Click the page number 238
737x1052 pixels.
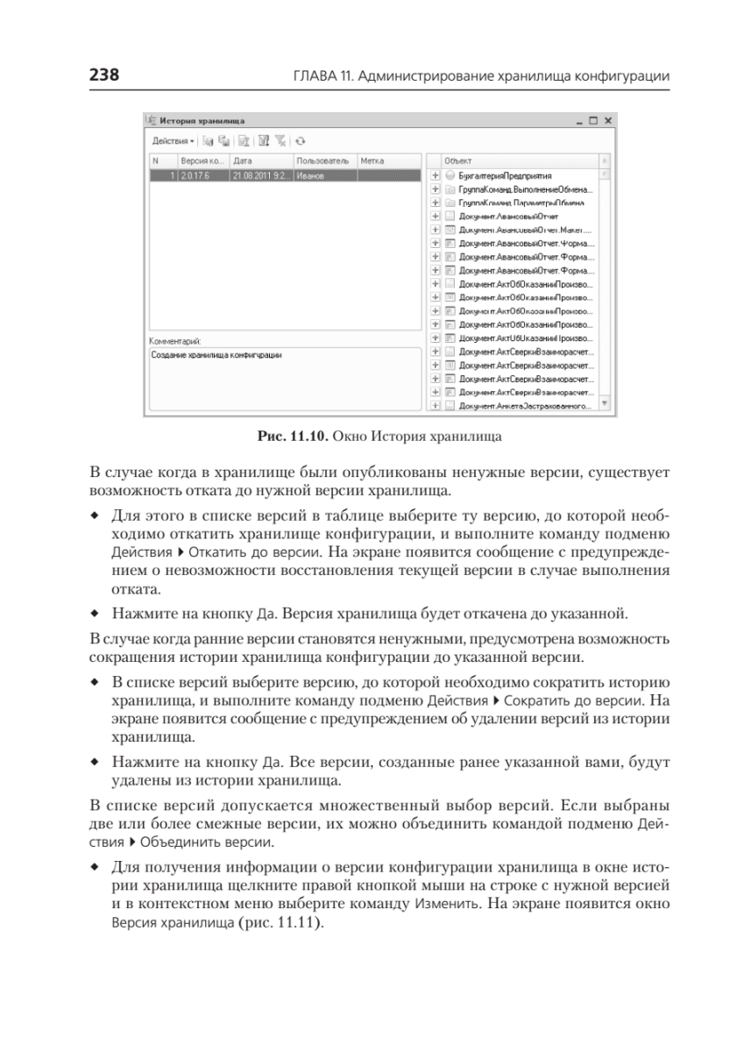103,76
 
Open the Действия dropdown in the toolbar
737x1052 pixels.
172,140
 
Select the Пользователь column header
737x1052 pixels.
322,161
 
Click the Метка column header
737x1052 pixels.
372,161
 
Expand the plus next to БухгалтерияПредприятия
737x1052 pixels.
435,175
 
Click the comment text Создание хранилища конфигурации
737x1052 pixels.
219,354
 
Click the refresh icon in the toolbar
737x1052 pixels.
300,140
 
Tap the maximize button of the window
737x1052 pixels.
593,120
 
